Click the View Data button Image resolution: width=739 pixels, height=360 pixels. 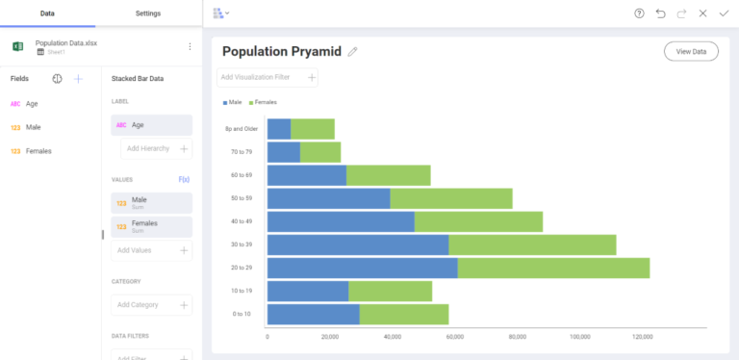click(691, 51)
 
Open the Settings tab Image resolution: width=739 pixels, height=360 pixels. click(148, 13)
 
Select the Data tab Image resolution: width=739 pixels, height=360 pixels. click(46, 13)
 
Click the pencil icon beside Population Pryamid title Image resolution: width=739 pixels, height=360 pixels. click(352, 52)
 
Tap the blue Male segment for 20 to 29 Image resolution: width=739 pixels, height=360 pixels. click(362, 269)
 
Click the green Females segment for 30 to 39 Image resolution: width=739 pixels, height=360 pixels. click(532, 245)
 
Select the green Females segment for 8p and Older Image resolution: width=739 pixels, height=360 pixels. click(313, 128)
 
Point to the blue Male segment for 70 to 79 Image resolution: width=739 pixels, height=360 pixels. click(283, 152)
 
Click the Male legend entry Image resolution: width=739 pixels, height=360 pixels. click(234, 101)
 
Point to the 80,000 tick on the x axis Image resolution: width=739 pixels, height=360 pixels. click(518, 337)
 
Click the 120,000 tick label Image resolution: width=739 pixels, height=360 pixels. click(643, 337)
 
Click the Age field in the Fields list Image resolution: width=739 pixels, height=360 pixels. click(32, 104)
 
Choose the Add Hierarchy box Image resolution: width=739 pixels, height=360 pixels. click(156, 148)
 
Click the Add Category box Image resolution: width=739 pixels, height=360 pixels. click(152, 304)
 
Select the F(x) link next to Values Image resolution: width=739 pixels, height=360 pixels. click(184, 179)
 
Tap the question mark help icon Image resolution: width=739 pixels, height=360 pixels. click(639, 13)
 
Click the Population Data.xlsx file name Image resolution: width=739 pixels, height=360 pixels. click(65, 43)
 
